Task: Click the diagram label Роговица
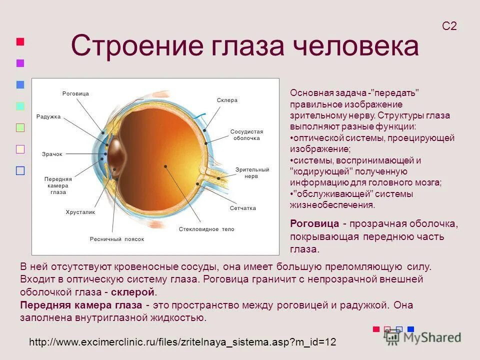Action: coord(75,94)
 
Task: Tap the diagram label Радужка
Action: coord(48,116)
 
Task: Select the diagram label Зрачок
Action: coord(52,154)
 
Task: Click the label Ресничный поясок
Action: coord(117,239)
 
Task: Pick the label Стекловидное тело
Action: coord(206,229)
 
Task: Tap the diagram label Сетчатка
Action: coord(243,208)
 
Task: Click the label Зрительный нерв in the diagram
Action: coord(252,173)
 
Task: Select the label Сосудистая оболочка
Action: coord(246,135)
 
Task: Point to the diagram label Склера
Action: coord(227,100)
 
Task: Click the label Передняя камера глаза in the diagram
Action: coord(58,185)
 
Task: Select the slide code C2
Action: coord(449,26)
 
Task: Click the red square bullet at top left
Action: coord(20,41)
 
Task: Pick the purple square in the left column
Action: coord(20,63)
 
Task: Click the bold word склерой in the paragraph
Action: coord(139,292)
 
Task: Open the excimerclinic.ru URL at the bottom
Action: coord(182,342)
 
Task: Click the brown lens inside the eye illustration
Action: coord(116,156)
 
